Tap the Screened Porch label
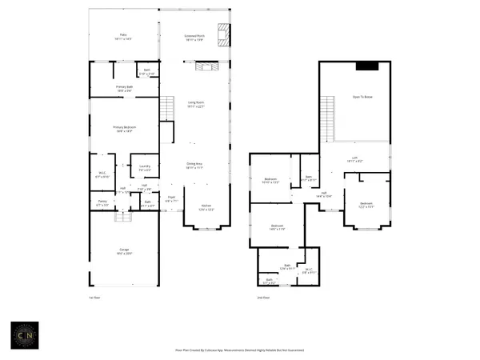(x=194, y=37)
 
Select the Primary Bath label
(x=124, y=89)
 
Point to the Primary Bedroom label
(x=124, y=128)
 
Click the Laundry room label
(x=145, y=168)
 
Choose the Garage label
(x=124, y=251)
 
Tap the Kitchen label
(x=206, y=206)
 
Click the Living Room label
(x=194, y=105)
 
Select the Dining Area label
(x=194, y=166)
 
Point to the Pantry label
(x=102, y=203)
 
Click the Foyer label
(x=171, y=198)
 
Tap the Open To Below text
(x=362, y=97)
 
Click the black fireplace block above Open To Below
(x=367, y=66)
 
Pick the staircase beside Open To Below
(x=326, y=110)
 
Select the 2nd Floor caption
(x=262, y=298)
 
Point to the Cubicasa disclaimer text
(x=240, y=350)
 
